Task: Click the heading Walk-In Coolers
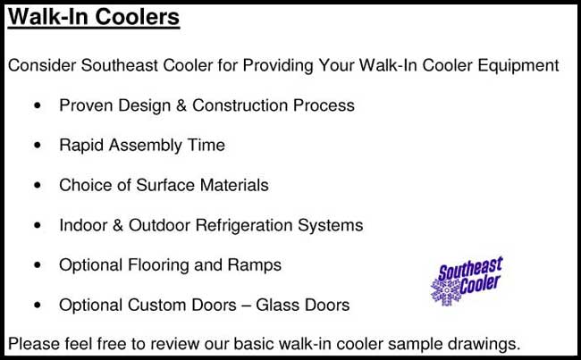[x=94, y=18]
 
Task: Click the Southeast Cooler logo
[x=467, y=280]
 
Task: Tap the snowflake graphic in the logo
[x=444, y=290]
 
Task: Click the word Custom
[x=153, y=306]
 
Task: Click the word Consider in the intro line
[x=40, y=66]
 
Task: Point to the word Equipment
[x=521, y=66]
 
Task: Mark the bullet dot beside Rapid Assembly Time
[x=36, y=146]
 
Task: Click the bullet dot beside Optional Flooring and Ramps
[x=36, y=265]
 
